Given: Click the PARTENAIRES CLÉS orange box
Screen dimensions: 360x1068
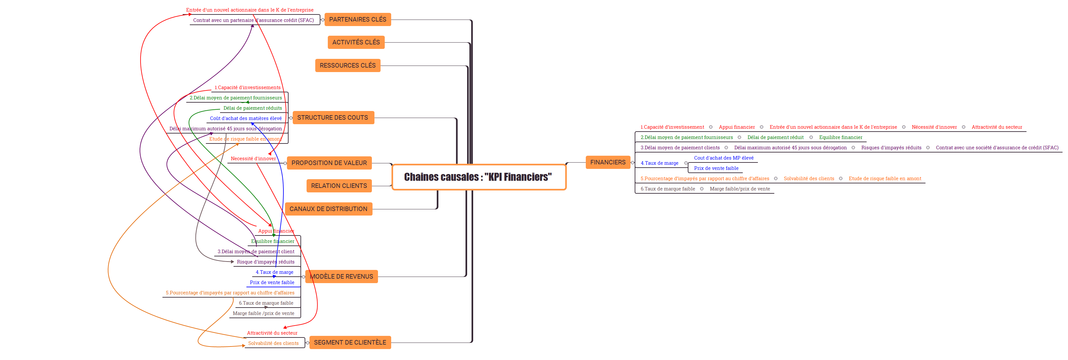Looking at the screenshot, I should coord(357,20).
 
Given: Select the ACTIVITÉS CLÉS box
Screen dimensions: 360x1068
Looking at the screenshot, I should coord(356,42).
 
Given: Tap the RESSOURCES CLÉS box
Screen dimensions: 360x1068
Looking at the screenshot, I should coord(347,66).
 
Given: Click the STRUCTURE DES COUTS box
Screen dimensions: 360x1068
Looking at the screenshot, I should coord(333,118).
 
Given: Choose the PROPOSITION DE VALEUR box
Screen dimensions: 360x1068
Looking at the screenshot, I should coord(329,163).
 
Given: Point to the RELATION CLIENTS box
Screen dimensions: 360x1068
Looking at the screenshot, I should coord(339,186).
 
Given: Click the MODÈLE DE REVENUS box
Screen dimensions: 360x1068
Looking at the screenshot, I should coord(341,277).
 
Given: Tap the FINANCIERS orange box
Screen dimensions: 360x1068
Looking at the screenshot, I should coord(607,162).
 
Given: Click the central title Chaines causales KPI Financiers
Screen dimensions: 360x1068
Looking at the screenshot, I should coord(478,177).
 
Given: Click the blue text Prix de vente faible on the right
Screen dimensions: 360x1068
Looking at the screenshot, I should coord(716,168).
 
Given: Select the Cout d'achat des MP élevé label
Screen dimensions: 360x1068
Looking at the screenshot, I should coord(723,158).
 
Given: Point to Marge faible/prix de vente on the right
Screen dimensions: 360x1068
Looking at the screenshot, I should coord(740,189).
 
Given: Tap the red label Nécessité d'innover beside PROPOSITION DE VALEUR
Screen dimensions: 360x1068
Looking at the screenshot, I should coord(253,159).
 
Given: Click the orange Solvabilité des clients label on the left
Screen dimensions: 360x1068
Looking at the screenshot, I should coord(273,343).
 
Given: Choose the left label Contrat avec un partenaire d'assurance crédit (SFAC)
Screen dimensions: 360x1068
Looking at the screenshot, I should coord(253,20).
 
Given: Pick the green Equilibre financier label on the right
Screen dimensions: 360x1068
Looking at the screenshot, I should coord(840,138).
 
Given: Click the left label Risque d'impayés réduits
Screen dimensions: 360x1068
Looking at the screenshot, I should coord(265,262).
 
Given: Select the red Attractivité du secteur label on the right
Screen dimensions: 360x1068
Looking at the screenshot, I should coord(997,127).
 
